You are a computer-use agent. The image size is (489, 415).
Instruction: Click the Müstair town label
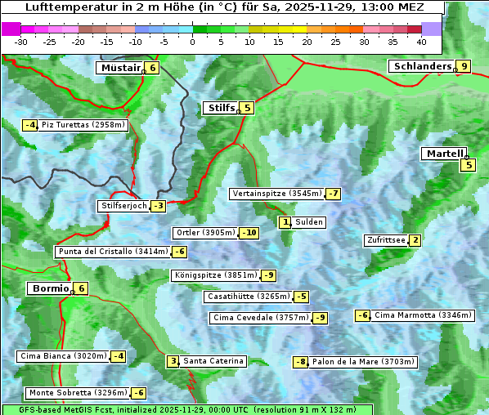tap(119, 68)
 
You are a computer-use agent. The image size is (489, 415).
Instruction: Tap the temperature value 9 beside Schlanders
tap(464, 67)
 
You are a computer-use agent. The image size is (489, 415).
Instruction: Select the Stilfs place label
tap(220, 108)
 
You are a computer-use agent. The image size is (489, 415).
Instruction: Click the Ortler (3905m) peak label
tap(205, 233)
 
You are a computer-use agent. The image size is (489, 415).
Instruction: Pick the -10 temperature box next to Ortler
tap(249, 233)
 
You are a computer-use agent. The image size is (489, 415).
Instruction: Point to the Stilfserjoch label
tap(123, 206)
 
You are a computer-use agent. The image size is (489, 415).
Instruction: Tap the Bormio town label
tap(49, 288)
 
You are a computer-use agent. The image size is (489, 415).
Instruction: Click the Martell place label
tap(444, 154)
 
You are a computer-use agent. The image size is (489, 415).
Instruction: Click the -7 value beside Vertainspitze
tap(333, 194)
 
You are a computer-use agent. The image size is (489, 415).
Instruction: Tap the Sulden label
tap(309, 222)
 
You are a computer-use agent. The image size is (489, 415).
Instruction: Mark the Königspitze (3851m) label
tap(215, 275)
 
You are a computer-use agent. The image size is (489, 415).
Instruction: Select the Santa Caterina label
tap(213, 361)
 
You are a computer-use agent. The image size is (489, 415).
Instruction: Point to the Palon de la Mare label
tap(364, 362)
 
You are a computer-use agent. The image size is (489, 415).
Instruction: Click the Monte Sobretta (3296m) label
tap(77, 393)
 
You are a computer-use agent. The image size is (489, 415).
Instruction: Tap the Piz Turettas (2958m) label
tap(83, 125)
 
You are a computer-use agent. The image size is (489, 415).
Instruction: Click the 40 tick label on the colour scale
tap(421, 41)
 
